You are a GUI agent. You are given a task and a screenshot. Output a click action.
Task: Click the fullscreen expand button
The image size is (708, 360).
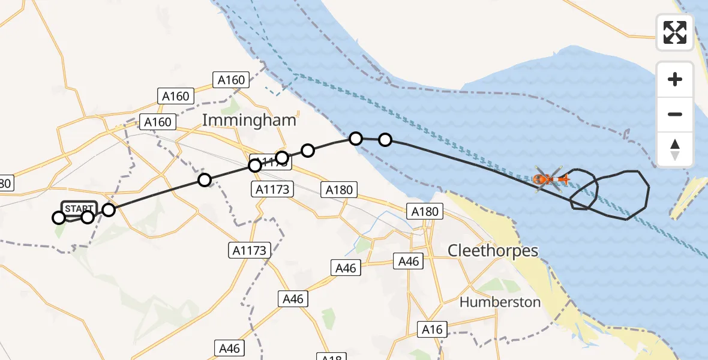click(675, 32)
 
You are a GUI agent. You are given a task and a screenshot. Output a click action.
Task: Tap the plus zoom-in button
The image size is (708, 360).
click(675, 79)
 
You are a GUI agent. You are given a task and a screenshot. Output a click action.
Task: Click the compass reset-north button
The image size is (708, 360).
click(675, 149)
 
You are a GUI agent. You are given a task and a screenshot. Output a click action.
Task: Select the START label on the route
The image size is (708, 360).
click(79, 208)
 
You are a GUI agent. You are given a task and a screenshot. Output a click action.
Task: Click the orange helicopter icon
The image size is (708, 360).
click(548, 178)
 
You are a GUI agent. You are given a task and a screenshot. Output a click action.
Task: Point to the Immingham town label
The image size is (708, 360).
click(249, 120)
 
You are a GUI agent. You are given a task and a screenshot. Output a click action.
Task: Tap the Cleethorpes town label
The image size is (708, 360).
click(493, 250)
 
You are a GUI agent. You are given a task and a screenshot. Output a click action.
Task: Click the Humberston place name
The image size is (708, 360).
click(500, 302)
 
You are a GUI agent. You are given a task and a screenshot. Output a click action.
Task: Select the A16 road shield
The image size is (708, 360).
click(432, 329)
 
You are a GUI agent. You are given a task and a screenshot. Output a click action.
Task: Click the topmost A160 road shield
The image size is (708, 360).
click(231, 80)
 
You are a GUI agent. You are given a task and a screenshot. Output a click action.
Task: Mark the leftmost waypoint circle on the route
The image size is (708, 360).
click(59, 218)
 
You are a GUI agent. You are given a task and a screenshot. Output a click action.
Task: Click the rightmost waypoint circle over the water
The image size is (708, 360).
click(385, 140)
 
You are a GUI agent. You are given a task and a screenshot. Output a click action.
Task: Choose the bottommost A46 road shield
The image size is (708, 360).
click(229, 348)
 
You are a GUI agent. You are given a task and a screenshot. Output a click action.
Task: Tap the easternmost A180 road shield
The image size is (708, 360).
click(425, 211)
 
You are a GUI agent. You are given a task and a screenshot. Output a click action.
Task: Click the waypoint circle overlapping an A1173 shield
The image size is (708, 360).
click(255, 165)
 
